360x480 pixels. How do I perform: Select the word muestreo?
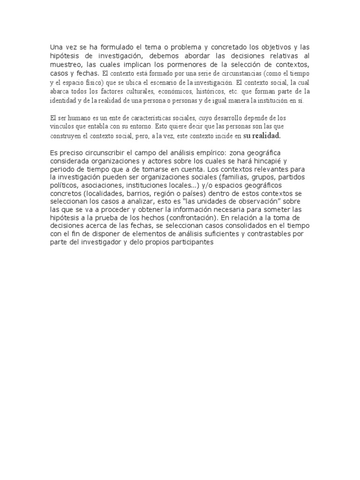66,65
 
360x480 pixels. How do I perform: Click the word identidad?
63,101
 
